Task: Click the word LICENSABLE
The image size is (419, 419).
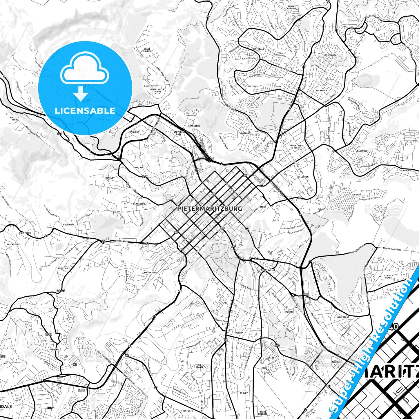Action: (85, 111)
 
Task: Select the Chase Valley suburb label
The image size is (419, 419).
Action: (147, 50)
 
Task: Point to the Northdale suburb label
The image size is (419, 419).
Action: (258, 49)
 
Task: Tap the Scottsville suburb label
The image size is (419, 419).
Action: (268, 270)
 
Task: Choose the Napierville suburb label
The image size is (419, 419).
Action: (150, 273)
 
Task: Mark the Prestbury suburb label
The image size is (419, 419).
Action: (64, 269)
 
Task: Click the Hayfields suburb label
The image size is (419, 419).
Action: (343, 317)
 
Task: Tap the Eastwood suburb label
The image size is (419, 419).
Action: (362, 151)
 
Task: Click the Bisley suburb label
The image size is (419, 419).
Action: (244, 393)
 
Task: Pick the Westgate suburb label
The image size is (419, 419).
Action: (188, 411)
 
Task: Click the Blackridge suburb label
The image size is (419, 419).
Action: (13, 244)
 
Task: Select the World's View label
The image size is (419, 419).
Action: (14, 119)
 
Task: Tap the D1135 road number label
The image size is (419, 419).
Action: (61, 291)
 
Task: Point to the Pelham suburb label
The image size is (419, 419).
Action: (239, 333)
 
